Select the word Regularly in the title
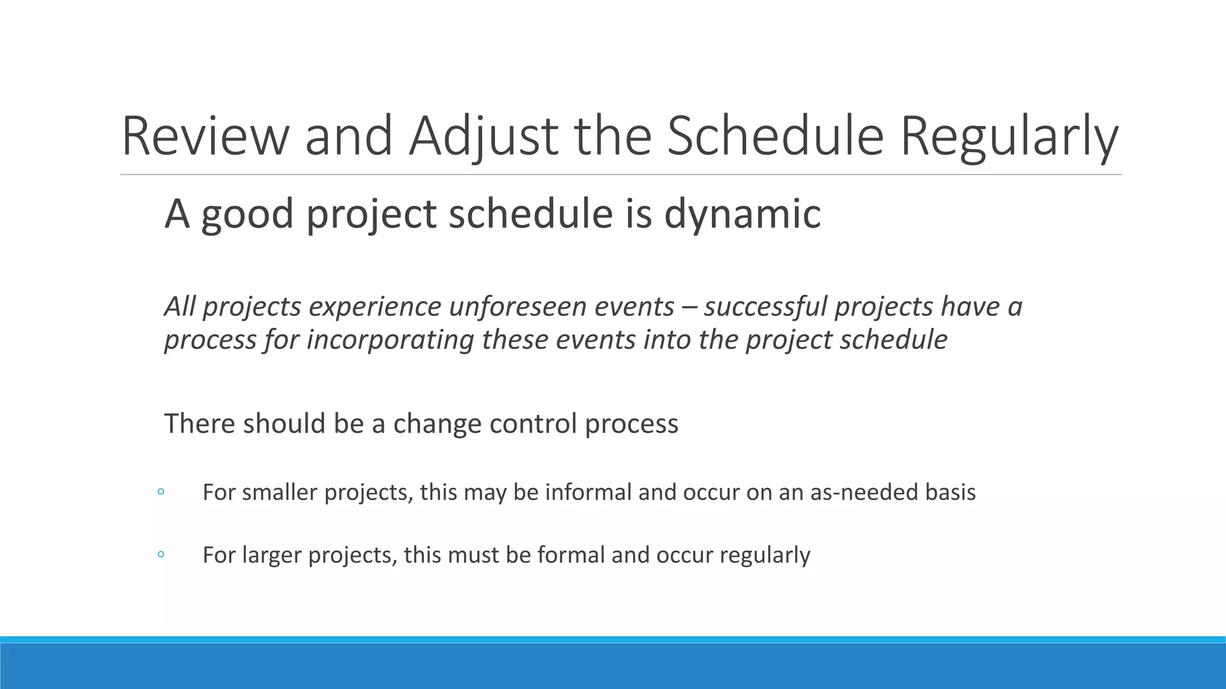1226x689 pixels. (x=1009, y=136)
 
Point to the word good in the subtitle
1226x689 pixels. (x=247, y=214)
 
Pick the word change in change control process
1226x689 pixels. (x=437, y=423)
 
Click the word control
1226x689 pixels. (x=533, y=423)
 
